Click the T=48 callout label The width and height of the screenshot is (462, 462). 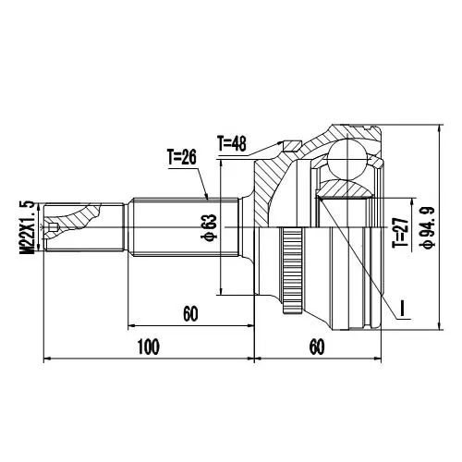point(232,143)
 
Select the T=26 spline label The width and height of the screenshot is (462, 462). point(182,157)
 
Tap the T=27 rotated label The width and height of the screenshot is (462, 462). point(400,233)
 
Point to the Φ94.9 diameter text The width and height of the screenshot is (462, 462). point(427,227)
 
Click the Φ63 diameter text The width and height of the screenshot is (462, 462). point(209,227)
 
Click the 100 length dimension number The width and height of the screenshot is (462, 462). point(148,346)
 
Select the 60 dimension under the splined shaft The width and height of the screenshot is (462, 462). point(190,314)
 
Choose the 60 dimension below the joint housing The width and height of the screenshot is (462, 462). point(317,346)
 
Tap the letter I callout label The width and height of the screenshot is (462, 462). point(402,308)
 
